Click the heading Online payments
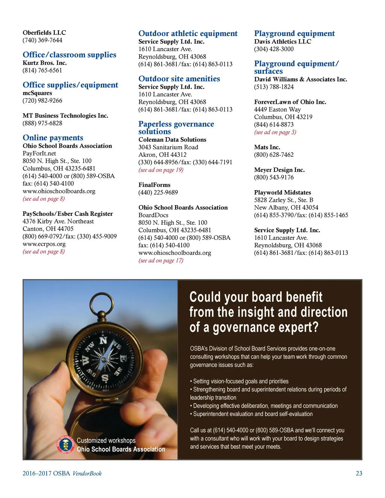point(53,138)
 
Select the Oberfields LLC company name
point(44,33)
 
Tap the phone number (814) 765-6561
point(42,70)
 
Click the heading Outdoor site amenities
point(179,79)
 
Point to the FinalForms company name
point(155,185)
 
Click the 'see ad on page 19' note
point(161,170)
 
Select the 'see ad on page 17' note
point(161,260)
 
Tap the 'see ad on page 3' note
point(275,132)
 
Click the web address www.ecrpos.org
point(44,244)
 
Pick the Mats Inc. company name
point(267,147)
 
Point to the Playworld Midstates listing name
point(283,192)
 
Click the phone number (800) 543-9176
point(274,177)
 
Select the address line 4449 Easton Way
point(277,109)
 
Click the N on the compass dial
point(103,341)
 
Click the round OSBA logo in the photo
point(66,445)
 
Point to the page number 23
point(359,474)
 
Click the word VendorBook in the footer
point(87,474)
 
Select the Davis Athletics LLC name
point(283,42)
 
